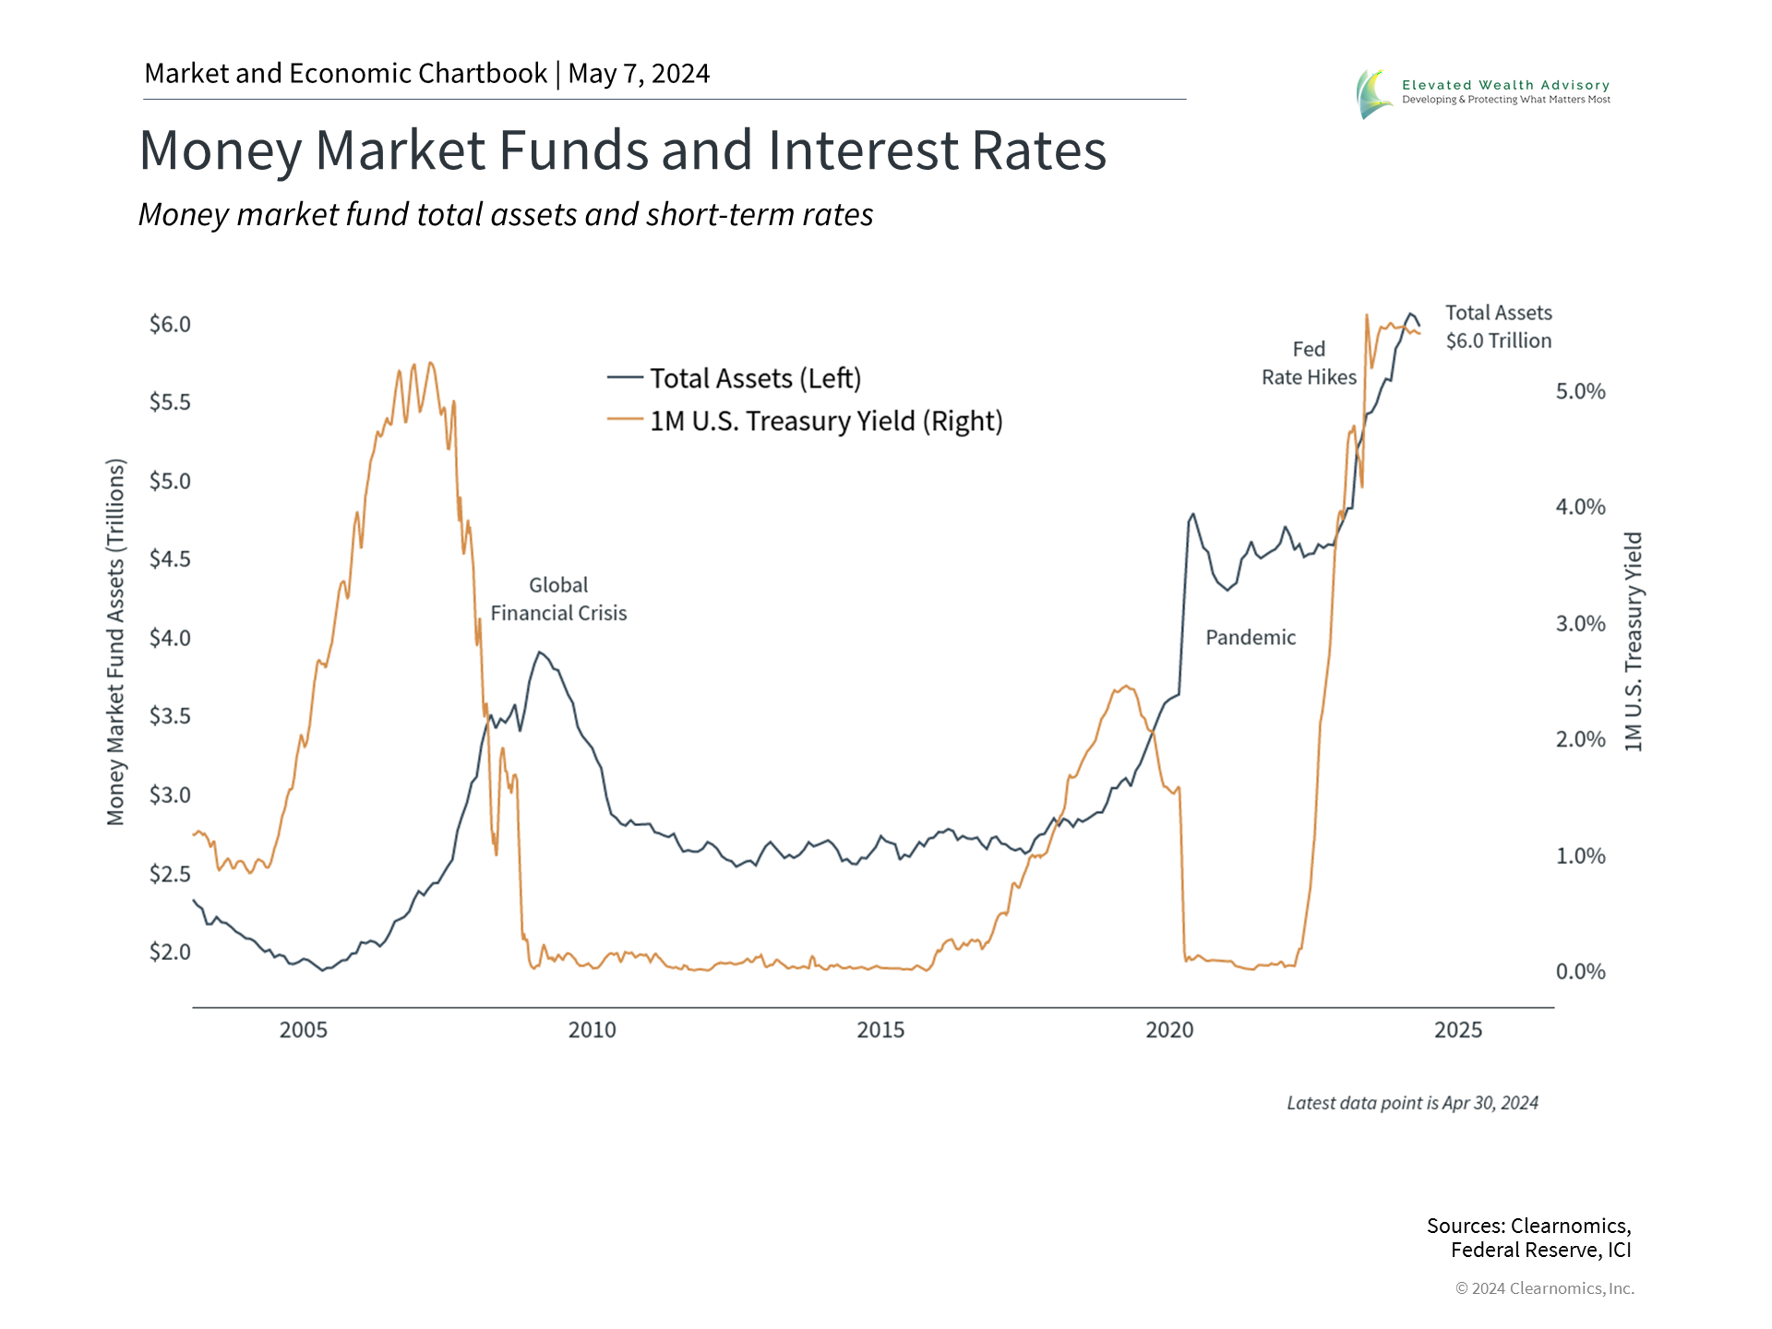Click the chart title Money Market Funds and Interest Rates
[622, 150]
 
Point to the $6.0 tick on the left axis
[170, 324]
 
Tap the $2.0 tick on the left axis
[170, 952]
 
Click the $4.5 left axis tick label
[170, 559]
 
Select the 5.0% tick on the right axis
[1580, 391]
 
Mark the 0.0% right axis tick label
[1580, 971]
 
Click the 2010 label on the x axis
[592, 1030]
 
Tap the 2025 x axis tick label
[1457, 1030]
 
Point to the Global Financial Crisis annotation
[558, 599]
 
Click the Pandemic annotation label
[1251, 638]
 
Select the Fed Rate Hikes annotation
[1309, 364]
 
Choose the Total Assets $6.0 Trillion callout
[1498, 327]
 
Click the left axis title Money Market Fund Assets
[115, 641]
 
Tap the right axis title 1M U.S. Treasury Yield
[1633, 641]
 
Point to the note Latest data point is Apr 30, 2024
[1412, 1103]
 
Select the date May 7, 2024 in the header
[639, 74]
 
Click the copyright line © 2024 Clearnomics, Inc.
[1544, 1288]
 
